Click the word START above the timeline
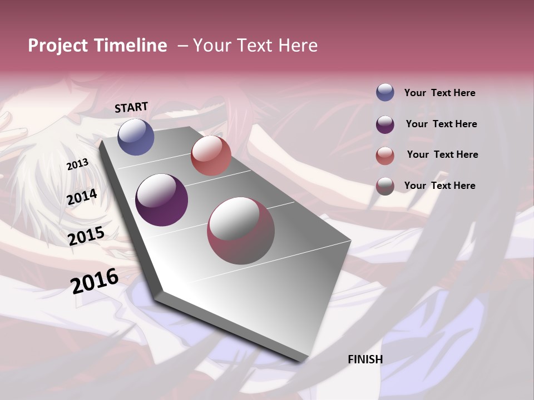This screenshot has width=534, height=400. pyautogui.click(x=131, y=107)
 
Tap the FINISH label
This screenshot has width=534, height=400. pyautogui.click(x=365, y=359)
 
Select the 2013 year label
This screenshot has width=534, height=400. pyautogui.click(x=77, y=164)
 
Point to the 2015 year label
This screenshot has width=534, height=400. pyautogui.click(x=86, y=236)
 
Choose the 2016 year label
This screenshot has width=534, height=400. pyautogui.click(x=95, y=281)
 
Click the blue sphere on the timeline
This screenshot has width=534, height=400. pyautogui.click(x=136, y=137)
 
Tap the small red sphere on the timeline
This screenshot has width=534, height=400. pyautogui.click(x=211, y=156)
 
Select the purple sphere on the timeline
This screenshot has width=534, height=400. pyautogui.click(x=162, y=199)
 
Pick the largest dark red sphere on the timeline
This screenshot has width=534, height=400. pyautogui.click(x=241, y=231)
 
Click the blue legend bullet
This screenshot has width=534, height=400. pyautogui.click(x=385, y=93)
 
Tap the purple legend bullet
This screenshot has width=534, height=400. pyautogui.click(x=385, y=124)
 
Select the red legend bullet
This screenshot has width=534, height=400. pyautogui.click(x=385, y=156)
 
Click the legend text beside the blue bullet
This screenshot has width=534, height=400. pyautogui.click(x=439, y=93)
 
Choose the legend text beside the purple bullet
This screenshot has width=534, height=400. pyautogui.click(x=441, y=124)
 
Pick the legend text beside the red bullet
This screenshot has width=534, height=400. pyautogui.click(x=442, y=154)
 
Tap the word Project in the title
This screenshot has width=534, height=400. pyautogui.click(x=58, y=46)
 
